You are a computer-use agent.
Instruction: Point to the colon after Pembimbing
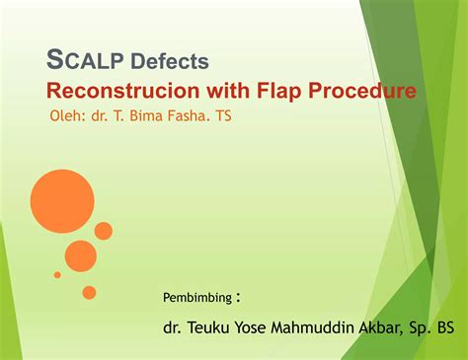[239, 296]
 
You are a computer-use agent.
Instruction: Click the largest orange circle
[61, 200]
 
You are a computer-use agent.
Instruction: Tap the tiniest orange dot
[57, 275]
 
